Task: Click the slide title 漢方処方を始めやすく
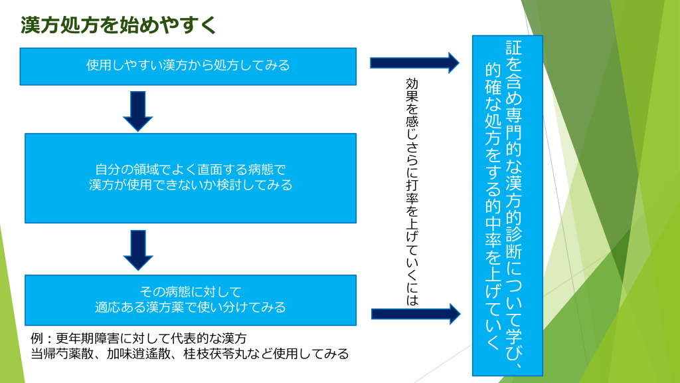click(119, 26)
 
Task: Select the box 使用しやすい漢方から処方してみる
click(188, 66)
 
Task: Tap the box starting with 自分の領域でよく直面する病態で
click(191, 178)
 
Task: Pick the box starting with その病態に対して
click(191, 300)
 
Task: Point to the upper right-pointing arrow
click(414, 63)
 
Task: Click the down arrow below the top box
click(138, 111)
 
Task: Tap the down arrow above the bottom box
click(138, 250)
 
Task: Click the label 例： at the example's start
click(43, 338)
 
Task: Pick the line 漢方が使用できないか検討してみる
click(191, 185)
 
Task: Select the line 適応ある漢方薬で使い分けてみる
click(191, 307)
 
